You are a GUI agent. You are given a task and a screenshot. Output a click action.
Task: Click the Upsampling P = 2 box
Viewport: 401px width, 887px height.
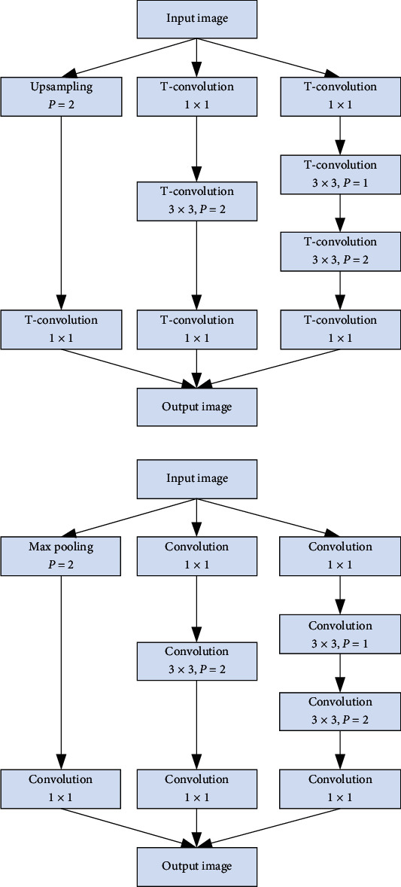[61, 96]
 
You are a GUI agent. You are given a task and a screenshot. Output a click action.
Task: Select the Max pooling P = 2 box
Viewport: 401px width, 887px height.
[61, 555]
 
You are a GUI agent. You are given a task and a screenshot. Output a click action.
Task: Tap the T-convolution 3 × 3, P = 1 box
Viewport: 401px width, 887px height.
[339, 174]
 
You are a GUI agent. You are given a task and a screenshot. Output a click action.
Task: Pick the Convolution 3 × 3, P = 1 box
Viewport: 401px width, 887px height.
[339, 633]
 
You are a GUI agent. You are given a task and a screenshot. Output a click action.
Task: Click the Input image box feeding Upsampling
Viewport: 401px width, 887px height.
[196, 19]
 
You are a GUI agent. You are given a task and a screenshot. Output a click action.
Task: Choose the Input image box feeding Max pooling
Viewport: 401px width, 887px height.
[196, 478]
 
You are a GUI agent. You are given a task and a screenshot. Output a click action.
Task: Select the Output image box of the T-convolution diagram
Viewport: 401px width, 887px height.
[196, 407]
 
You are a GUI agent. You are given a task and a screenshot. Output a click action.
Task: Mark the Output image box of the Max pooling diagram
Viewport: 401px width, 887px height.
[196, 866]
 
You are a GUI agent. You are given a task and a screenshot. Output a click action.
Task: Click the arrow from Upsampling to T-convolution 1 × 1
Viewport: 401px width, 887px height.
[61, 211]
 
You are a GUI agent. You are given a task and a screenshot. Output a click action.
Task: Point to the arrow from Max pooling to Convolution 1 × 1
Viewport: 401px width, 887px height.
[61, 670]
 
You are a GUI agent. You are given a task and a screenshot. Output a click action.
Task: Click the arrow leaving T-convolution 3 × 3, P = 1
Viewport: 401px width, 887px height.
[339, 212]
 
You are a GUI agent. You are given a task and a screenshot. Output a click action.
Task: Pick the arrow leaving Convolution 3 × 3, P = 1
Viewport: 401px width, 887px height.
[339, 672]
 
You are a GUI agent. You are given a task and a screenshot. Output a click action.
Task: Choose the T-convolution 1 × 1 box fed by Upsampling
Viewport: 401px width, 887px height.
[61, 329]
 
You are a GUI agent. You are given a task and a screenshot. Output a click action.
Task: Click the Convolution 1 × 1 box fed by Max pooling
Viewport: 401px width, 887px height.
[61, 788]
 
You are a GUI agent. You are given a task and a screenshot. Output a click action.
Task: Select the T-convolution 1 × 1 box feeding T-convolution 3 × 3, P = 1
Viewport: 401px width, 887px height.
[339, 96]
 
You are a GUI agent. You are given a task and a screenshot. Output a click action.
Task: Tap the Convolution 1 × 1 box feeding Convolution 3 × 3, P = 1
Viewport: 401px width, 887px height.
[339, 555]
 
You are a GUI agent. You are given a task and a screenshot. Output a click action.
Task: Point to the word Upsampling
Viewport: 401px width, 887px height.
[61, 87]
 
